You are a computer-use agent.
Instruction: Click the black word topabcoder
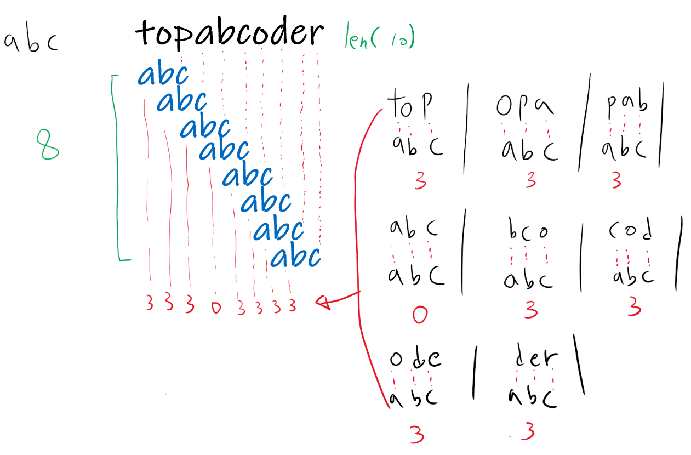[229, 34]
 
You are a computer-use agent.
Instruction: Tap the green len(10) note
[379, 37]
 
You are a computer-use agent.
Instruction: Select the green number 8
[48, 145]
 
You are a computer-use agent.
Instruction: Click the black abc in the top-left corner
[31, 42]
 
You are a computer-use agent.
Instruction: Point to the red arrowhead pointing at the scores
[323, 301]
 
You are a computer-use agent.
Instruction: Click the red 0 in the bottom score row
[215, 308]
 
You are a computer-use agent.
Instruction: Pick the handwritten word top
[410, 105]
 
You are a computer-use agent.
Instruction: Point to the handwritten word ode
[415, 359]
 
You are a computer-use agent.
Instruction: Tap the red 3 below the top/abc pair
[420, 181]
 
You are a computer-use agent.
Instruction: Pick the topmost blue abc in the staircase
[163, 76]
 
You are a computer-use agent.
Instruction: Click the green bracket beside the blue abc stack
[116, 167]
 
